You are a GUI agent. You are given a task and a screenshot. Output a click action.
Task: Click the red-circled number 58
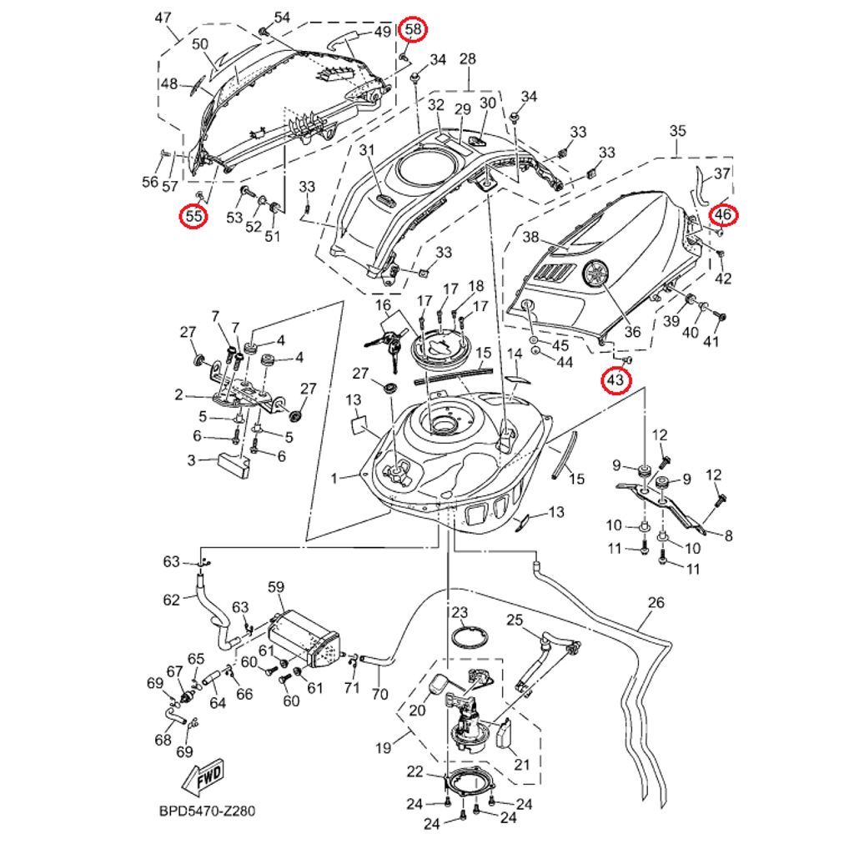click(414, 30)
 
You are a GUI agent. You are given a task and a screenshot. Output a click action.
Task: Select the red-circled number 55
click(194, 217)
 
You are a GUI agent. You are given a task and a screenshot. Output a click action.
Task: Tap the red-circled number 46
click(723, 215)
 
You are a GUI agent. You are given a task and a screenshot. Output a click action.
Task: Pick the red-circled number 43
click(615, 381)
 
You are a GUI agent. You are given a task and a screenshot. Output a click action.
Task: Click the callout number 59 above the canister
click(276, 587)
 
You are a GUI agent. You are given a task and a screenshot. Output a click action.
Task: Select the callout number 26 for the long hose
click(656, 602)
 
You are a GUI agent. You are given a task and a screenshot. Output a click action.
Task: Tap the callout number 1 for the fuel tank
click(334, 479)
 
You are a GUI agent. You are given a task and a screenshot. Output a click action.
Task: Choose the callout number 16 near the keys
click(383, 306)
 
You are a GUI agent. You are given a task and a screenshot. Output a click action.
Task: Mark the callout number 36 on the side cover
click(633, 332)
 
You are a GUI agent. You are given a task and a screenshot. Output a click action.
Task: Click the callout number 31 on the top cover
click(364, 150)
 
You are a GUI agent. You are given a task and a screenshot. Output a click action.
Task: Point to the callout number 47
click(163, 18)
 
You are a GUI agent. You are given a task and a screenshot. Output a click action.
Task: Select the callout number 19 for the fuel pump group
click(383, 748)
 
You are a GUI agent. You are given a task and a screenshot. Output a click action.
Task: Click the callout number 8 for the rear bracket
click(728, 536)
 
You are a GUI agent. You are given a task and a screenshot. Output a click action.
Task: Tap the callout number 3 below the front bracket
click(190, 460)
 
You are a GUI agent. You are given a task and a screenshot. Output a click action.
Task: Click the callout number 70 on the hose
click(379, 694)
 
